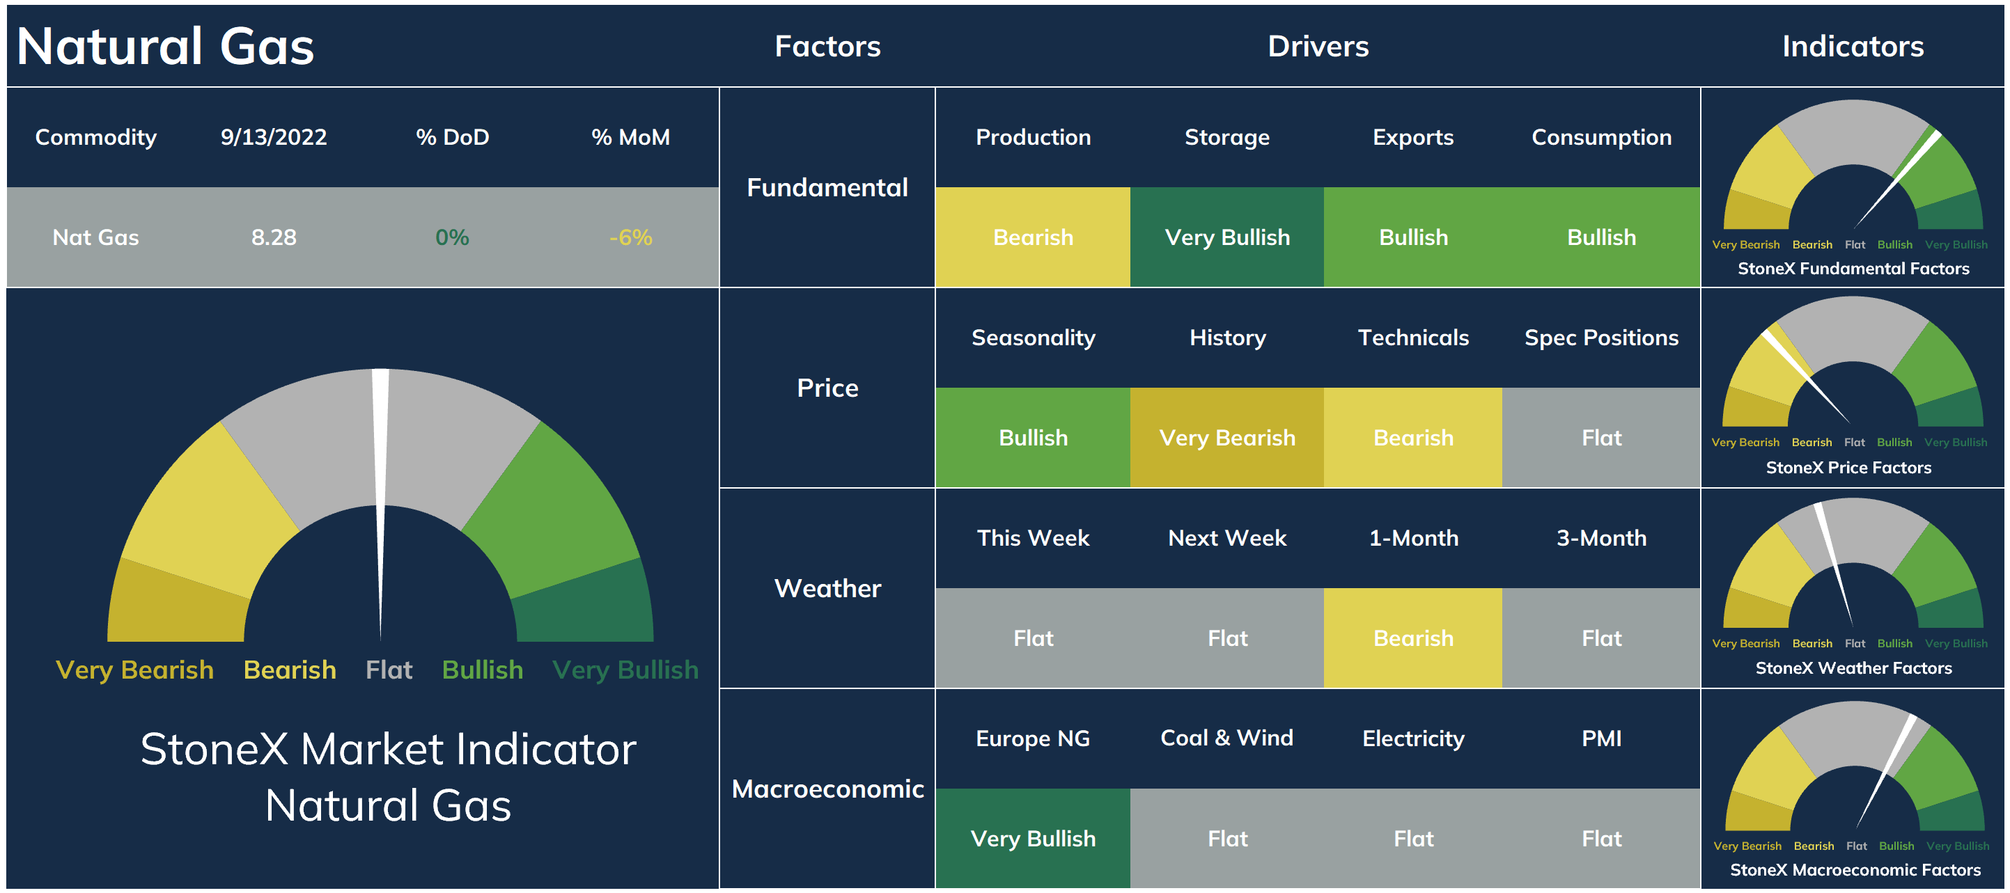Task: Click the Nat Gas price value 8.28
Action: [274, 237]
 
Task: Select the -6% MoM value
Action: [630, 237]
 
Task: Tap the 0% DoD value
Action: [453, 237]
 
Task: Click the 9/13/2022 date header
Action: [274, 137]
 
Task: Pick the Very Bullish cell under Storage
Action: [1227, 237]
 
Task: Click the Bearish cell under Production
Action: [1033, 237]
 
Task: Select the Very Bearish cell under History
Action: [1227, 438]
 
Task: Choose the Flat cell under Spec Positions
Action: [1601, 438]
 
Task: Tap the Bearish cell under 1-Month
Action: [1413, 638]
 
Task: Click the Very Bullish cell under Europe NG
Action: [1033, 839]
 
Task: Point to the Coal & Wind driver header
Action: [1227, 738]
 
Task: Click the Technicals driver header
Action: [1413, 338]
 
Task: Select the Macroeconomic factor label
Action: [828, 789]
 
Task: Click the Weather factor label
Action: [828, 588]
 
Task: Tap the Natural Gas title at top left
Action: [166, 46]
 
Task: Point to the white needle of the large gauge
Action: [381, 499]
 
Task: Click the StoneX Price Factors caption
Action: [1848, 467]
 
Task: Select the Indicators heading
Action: [1853, 46]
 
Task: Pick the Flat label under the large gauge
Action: [389, 669]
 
